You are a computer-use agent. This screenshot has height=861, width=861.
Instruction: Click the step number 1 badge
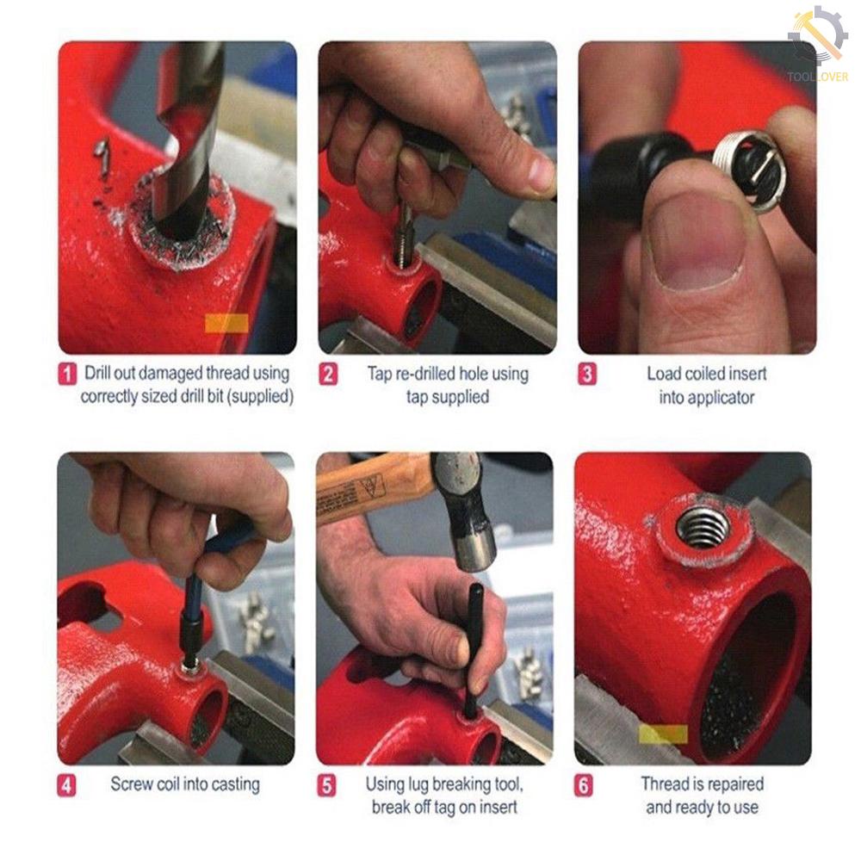click(67, 375)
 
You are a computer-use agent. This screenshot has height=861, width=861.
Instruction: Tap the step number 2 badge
click(328, 375)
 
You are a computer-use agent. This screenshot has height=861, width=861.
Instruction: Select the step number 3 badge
click(587, 375)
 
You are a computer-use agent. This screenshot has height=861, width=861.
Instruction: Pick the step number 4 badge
click(66, 785)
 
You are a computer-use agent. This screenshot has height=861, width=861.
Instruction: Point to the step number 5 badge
click(326, 785)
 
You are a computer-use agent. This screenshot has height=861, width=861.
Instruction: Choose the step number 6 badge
click(584, 785)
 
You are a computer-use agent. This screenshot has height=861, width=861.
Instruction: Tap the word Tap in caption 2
click(380, 374)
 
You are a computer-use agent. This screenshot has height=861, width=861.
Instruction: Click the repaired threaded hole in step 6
click(703, 529)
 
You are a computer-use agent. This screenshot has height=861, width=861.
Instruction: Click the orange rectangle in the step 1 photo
click(226, 324)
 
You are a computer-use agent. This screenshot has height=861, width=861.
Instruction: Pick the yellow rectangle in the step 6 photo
click(663, 734)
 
